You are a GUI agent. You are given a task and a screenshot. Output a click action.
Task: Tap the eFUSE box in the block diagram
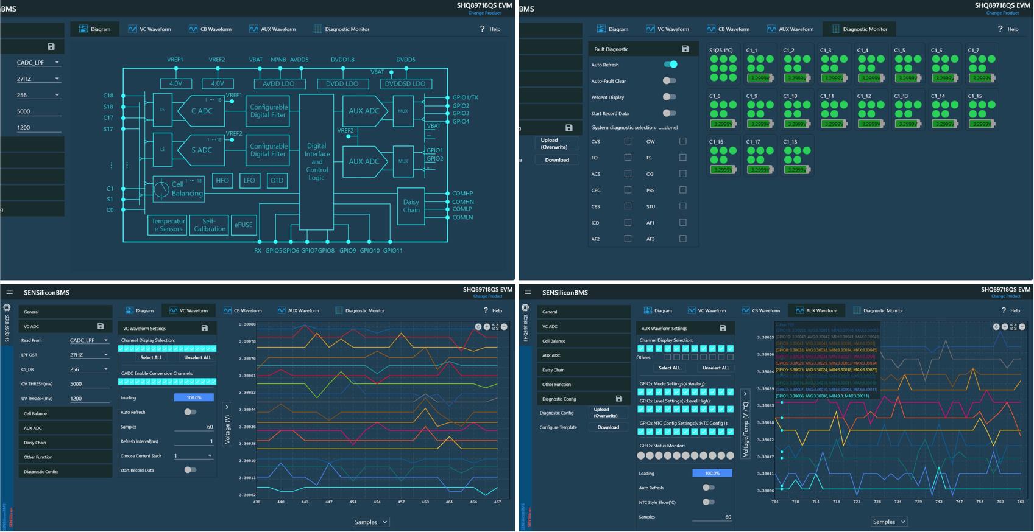click(243, 225)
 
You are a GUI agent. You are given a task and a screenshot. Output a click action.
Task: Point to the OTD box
click(277, 180)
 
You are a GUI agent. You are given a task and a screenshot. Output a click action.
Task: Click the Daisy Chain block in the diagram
click(411, 206)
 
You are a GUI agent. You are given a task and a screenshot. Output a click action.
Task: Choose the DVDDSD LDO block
click(406, 84)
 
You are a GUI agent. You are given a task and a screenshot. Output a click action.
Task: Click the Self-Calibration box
click(209, 225)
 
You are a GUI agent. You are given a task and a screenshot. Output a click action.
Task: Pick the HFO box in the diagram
click(222, 180)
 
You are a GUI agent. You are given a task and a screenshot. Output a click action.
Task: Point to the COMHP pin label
click(462, 194)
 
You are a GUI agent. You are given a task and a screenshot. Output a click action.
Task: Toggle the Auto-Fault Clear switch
click(669, 80)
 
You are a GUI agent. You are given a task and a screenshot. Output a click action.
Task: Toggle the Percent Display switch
click(669, 97)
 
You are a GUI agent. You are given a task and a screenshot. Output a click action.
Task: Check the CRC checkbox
click(628, 190)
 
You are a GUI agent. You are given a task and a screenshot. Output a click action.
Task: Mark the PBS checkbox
click(682, 190)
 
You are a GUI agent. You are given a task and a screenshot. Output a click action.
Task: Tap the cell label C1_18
click(790, 142)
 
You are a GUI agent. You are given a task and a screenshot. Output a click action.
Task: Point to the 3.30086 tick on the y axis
click(247, 324)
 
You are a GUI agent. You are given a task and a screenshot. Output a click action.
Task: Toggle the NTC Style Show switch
click(708, 502)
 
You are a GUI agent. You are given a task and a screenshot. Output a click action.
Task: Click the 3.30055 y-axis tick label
click(765, 337)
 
